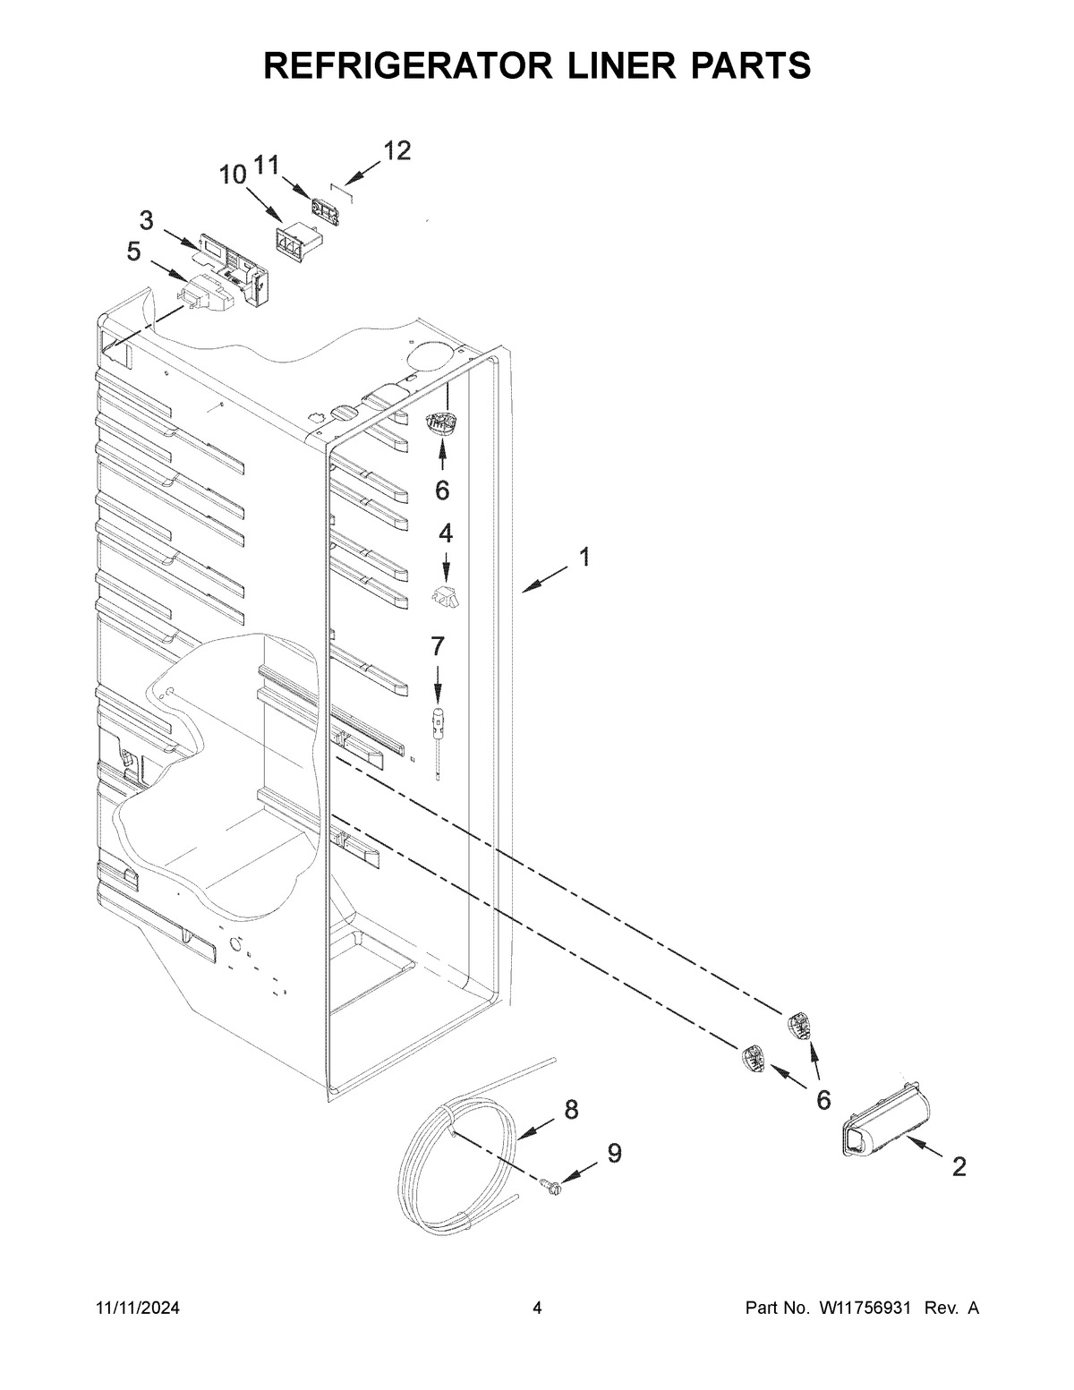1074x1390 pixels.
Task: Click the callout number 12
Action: (x=397, y=151)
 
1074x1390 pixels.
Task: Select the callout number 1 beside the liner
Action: (x=584, y=558)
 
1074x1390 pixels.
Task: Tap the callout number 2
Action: (x=959, y=1166)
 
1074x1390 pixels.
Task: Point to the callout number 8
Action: (x=571, y=1110)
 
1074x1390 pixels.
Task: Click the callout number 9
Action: (x=614, y=1154)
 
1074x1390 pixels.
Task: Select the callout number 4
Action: (x=445, y=533)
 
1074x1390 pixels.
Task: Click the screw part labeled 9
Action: (x=551, y=1188)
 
